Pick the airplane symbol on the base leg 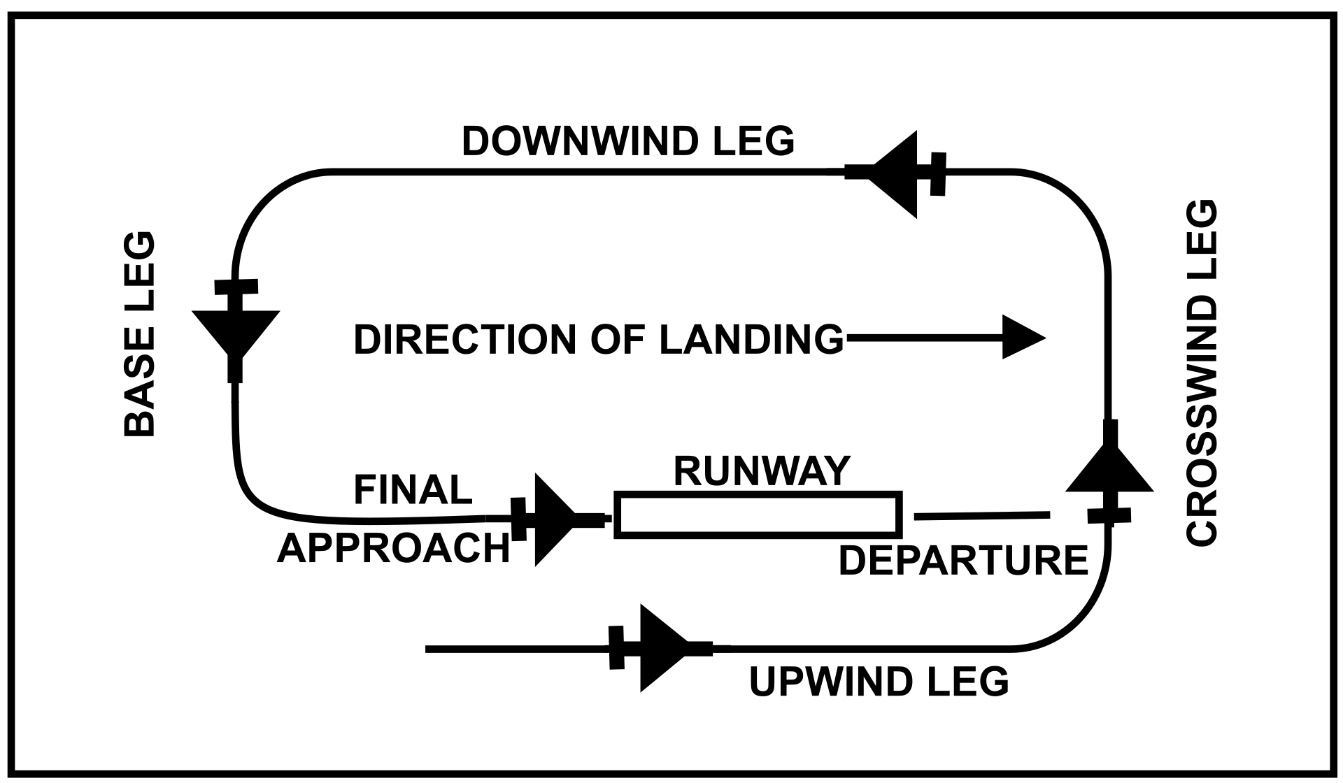coord(236,329)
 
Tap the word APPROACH coord(394,548)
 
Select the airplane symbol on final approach coord(553,519)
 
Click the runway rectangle coord(758,515)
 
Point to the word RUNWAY coord(761,471)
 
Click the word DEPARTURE coord(963,561)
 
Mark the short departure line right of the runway coord(981,516)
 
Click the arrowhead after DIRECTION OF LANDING coord(1023,338)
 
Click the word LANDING coord(752,340)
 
